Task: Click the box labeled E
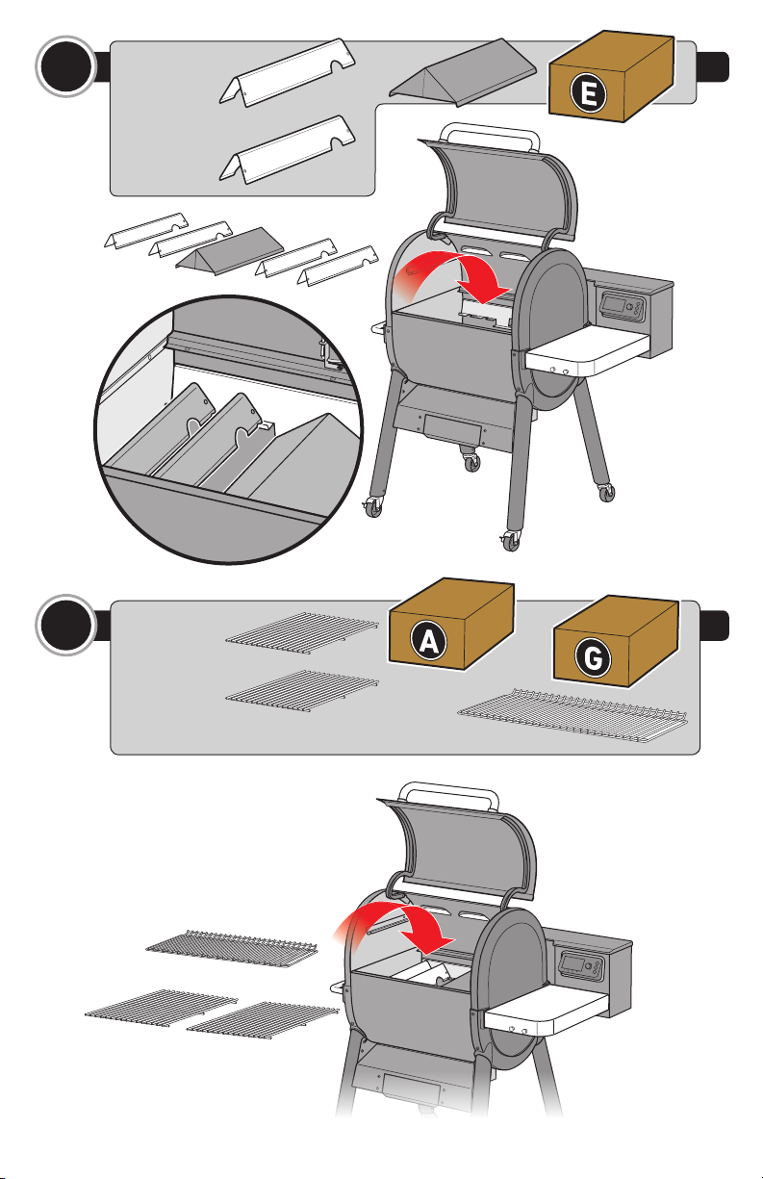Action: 611,76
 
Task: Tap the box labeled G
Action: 616,642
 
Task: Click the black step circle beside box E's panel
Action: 65,66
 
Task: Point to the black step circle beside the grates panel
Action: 65,626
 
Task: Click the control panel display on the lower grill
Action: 572,962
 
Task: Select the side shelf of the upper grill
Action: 588,350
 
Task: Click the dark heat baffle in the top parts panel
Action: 463,71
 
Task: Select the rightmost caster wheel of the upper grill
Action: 606,492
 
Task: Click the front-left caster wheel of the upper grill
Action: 372,507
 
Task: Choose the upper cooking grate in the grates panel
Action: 302,632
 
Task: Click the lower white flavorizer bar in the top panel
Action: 288,149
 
